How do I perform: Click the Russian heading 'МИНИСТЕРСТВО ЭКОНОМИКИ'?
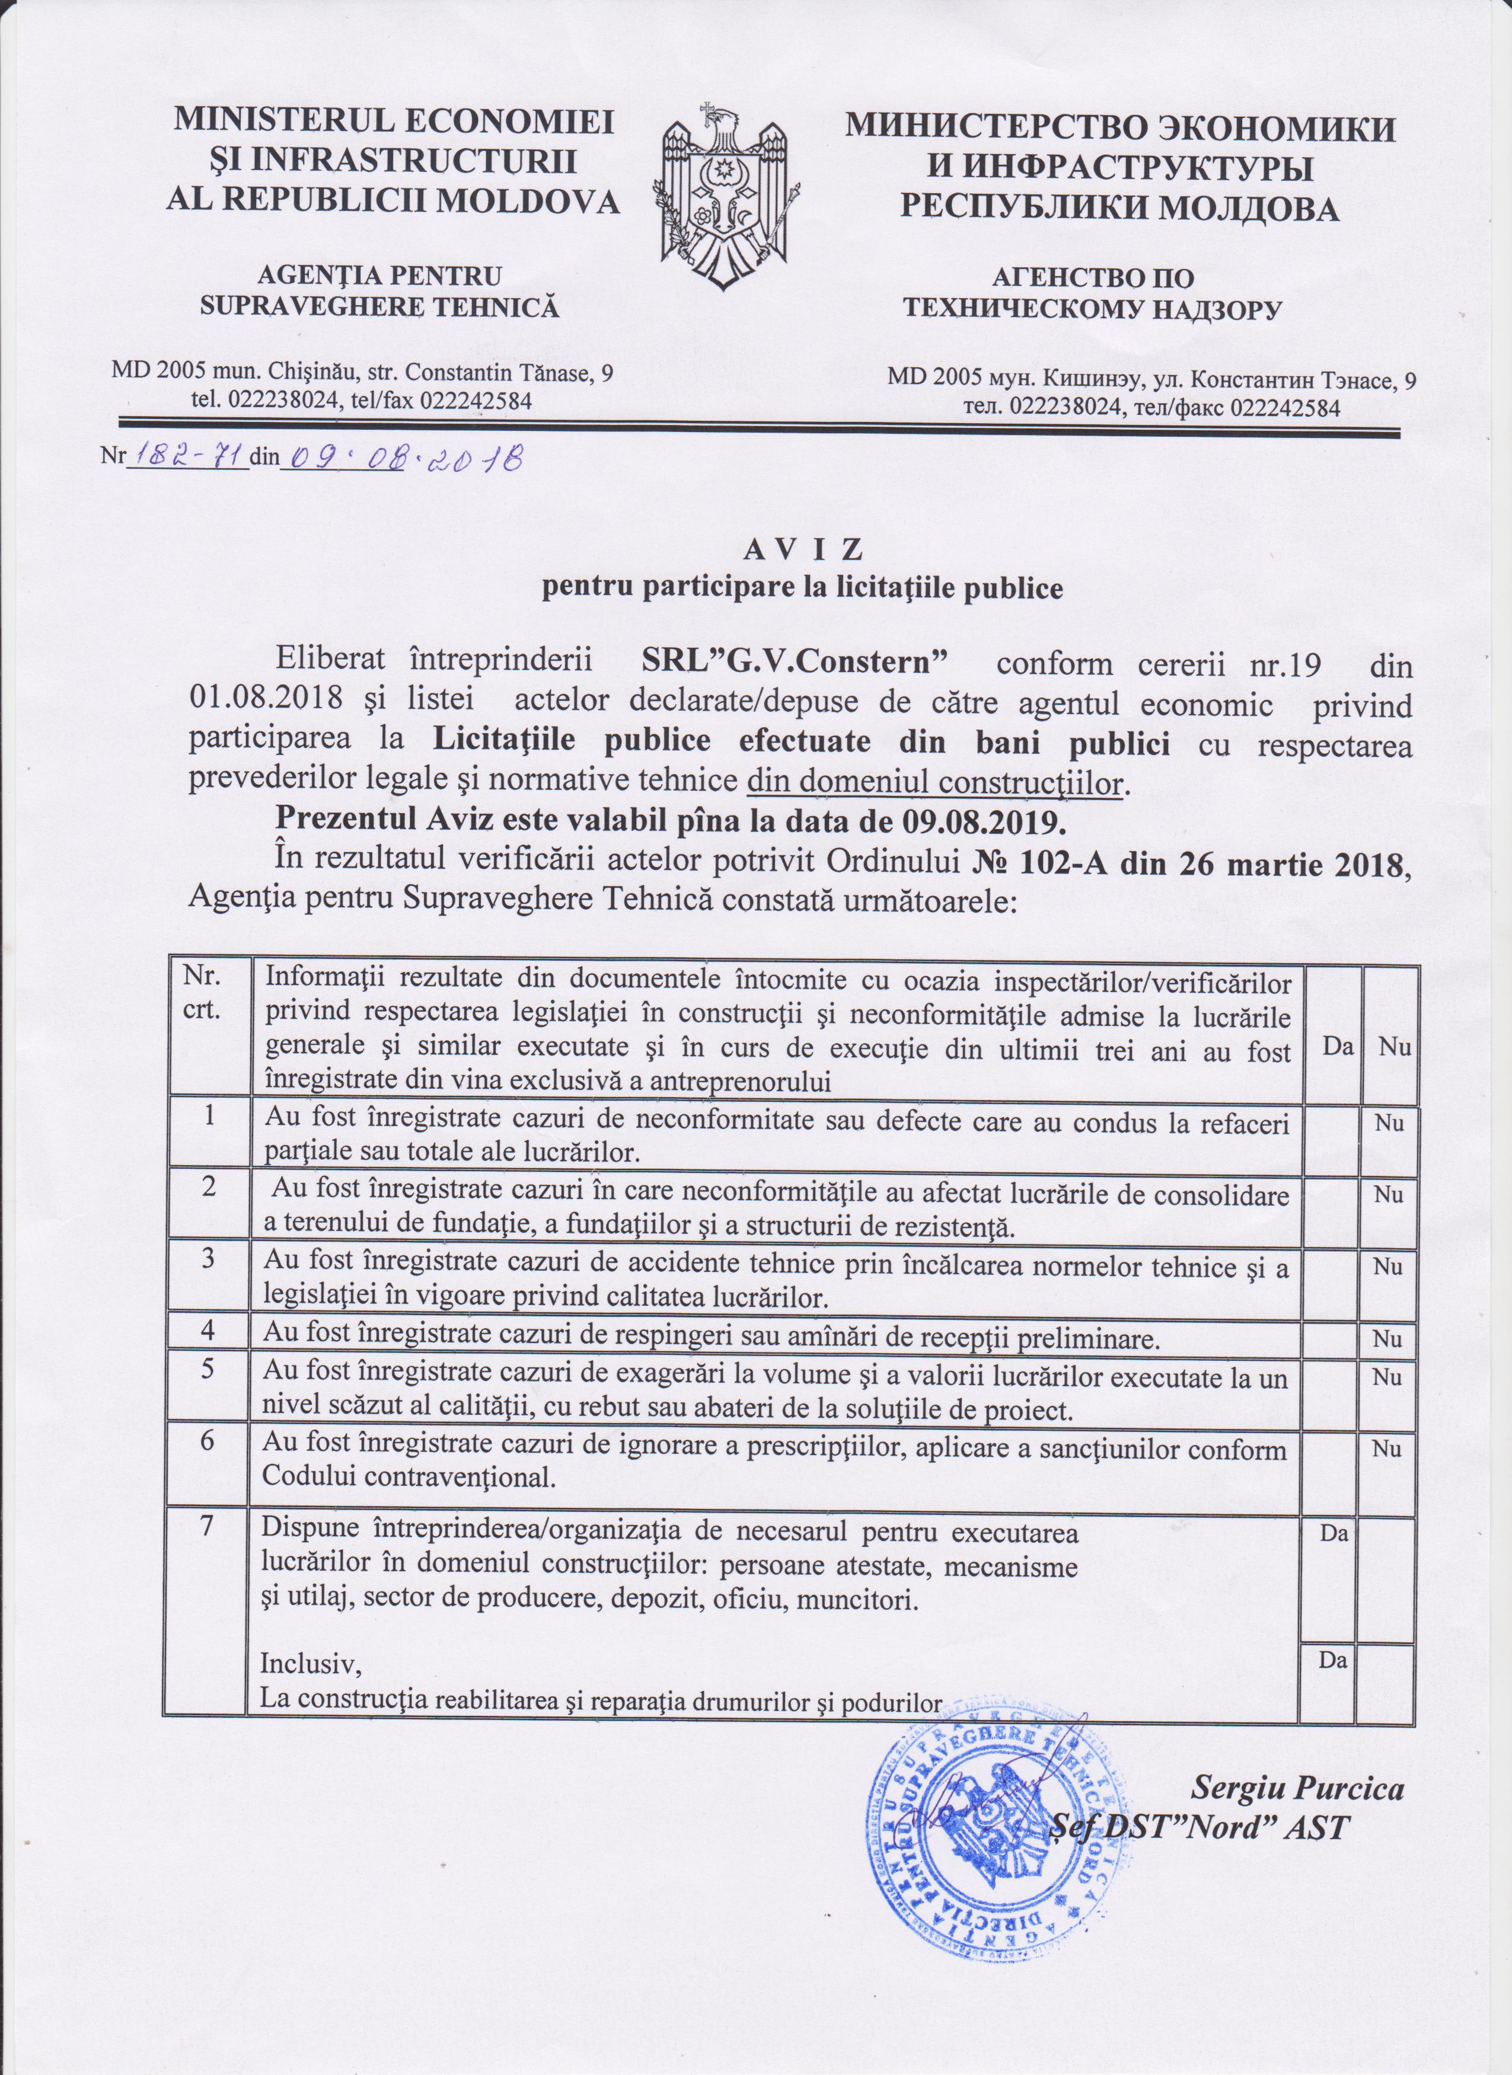tap(1119, 128)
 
